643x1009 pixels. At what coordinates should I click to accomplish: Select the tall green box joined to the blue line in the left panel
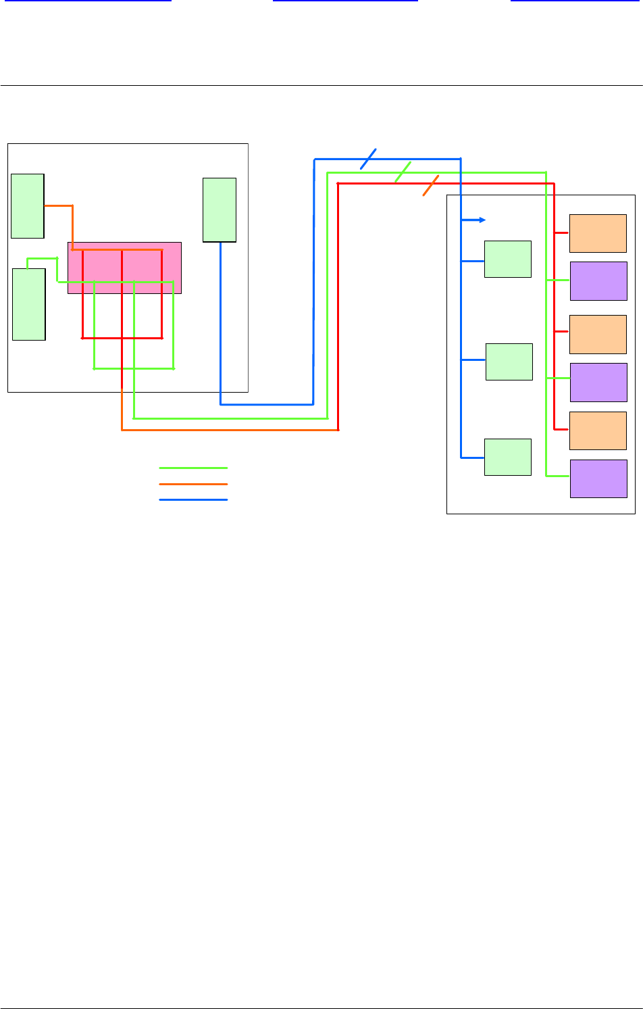(220, 210)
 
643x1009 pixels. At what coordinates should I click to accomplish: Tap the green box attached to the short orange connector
(28, 205)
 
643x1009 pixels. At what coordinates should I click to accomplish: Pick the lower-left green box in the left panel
(29, 304)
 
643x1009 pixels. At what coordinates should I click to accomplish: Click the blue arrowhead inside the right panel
(482, 220)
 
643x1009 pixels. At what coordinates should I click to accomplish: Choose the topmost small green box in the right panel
(508, 259)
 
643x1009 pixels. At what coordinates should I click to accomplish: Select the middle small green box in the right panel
(509, 362)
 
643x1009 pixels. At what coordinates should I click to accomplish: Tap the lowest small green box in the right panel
(508, 457)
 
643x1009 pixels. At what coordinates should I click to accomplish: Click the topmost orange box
(598, 233)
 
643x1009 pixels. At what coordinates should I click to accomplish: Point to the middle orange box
(598, 334)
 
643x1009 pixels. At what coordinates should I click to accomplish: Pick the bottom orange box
(598, 430)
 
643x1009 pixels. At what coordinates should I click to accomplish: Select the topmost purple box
(598, 280)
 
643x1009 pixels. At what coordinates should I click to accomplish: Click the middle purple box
(598, 382)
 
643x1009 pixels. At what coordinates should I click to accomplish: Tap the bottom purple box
(598, 478)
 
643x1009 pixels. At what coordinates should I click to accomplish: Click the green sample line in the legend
(193, 468)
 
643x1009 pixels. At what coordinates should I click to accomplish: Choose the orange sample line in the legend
(193, 484)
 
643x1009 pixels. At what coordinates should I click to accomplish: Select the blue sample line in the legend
(193, 499)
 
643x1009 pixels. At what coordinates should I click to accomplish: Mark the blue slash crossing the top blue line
(368, 158)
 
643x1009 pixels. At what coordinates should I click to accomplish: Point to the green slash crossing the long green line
(403, 172)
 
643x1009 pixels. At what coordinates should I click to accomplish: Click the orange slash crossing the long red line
(431, 185)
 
